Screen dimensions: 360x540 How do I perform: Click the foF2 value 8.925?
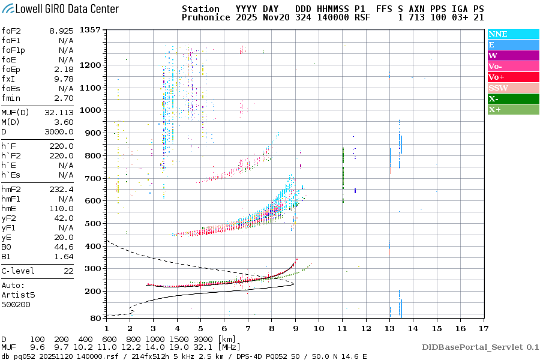coord(62,31)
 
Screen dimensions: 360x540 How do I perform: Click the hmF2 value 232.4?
coord(62,189)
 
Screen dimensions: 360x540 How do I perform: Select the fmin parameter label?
coord(11,98)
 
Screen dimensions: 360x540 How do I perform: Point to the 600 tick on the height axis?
coord(93,201)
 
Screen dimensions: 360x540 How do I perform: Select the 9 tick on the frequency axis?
coord(295,328)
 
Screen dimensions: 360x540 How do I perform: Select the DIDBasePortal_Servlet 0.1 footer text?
coord(480,347)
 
